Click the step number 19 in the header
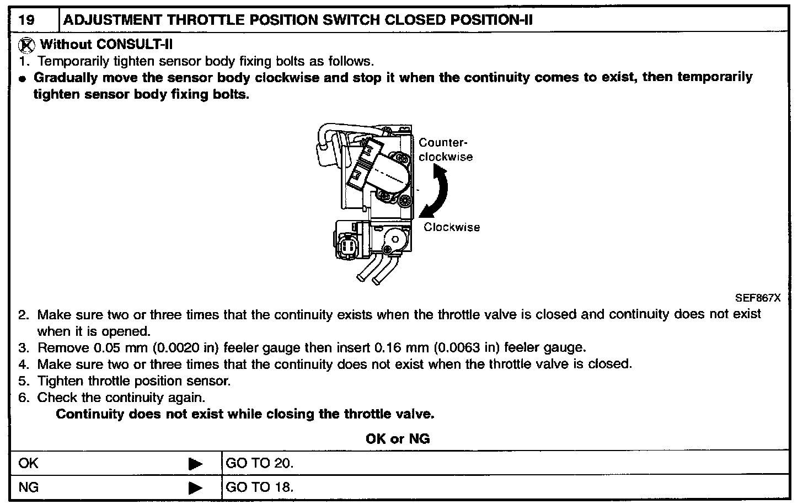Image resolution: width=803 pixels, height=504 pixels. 26,20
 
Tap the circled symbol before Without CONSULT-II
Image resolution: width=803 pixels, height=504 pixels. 26,45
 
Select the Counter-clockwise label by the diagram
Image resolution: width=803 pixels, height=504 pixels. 445,150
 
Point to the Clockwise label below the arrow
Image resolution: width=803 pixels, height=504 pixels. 452,227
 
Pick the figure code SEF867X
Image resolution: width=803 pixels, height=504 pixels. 758,298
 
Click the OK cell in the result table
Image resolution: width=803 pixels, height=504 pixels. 29,463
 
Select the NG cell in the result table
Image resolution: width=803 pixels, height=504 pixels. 29,487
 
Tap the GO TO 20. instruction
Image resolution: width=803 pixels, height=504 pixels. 260,463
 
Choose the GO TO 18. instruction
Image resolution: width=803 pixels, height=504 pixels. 260,487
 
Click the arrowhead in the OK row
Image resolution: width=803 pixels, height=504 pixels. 195,464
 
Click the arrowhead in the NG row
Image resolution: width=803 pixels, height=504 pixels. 195,488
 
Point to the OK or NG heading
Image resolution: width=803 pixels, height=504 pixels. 398,439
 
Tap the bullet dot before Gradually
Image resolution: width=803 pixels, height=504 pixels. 23,79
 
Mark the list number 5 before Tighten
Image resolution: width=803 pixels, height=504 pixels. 23,381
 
